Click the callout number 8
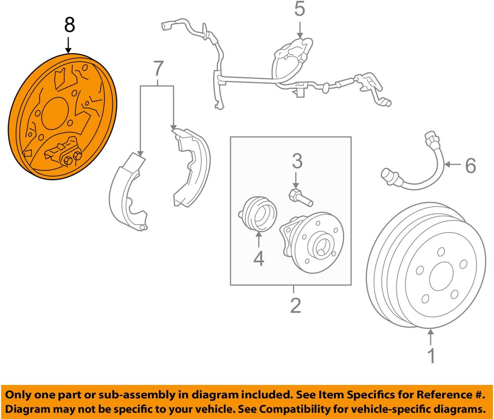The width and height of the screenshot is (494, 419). (69, 25)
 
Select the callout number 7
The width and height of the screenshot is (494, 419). (159, 69)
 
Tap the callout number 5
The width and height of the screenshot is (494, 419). (299, 9)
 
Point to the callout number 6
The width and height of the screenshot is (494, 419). (470, 165)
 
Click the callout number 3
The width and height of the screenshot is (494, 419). (297, 161)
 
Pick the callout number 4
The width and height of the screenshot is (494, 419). (259, 258)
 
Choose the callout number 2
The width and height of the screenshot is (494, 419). (295, 305)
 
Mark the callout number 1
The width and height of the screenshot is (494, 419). (431, 355)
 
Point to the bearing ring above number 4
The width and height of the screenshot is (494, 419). (258, 214)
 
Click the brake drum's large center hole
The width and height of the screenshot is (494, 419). (441, 276)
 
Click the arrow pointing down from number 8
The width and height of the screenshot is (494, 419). (68, 45)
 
